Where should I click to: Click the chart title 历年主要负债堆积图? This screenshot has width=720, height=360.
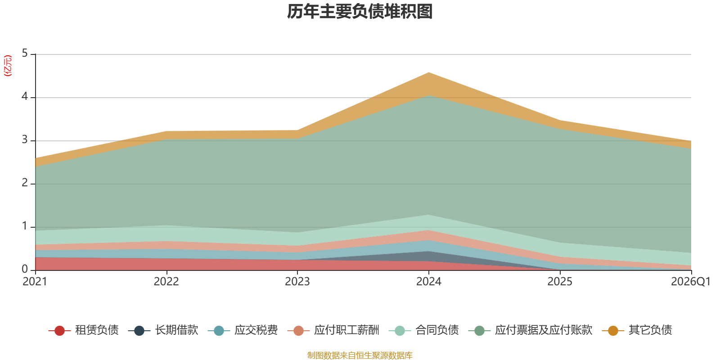tap(360, 12)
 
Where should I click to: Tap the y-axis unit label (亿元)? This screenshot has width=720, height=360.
tap(8, 66)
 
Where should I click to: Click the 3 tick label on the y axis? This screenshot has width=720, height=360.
tap(25, 140)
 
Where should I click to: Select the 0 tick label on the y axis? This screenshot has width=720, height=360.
tap(25, 270)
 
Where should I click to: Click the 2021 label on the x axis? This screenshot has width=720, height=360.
tap(35, 282)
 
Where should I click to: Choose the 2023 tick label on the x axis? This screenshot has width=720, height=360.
tap(297, 282)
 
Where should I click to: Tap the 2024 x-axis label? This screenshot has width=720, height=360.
tap(429, 282)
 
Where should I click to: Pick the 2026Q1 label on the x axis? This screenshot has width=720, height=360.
tap(691, 282)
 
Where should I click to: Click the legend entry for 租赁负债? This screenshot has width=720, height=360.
tap(84, 330)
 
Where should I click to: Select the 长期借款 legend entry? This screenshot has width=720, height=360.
tap(163, 330)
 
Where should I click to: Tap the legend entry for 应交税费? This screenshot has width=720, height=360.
tap(243, 330)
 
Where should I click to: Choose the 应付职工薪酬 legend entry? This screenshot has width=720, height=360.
tap(333, 330)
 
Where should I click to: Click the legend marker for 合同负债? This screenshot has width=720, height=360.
tap(400, 330)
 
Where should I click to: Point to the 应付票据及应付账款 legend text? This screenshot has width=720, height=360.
tap(544, 330)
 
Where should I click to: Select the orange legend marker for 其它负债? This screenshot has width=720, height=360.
tap(613, 330)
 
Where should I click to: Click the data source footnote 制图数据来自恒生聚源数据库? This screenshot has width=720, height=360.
tap(360, 355)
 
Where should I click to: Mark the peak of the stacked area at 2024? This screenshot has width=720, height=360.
tap(429, 72)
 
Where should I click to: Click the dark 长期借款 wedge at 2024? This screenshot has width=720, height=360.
tap(429, 256)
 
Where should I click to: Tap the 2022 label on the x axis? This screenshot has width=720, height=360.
tap(166, 282)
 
